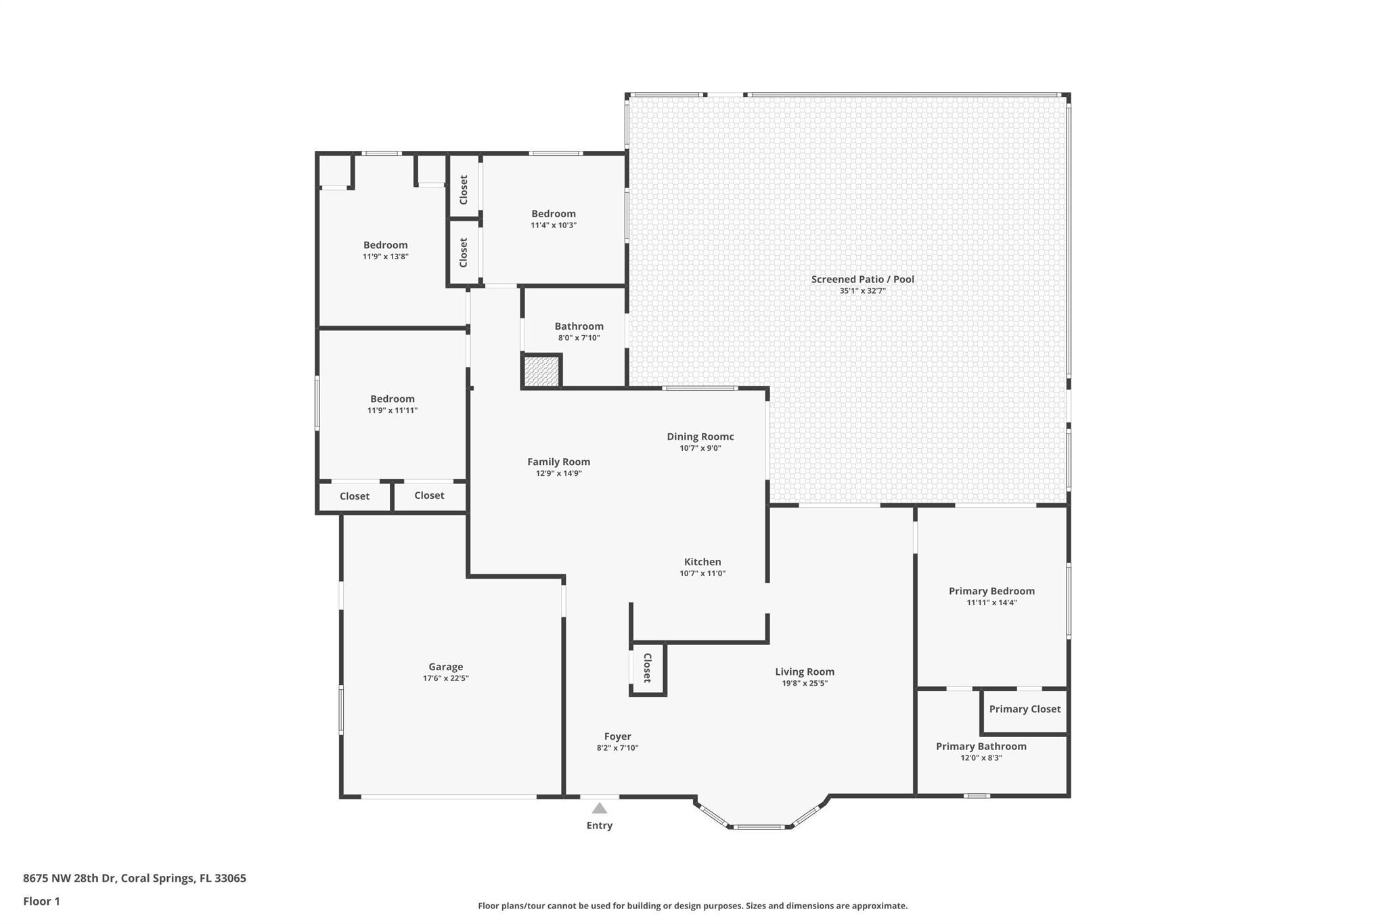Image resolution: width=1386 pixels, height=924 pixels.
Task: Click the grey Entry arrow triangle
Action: click(x=599, y=808)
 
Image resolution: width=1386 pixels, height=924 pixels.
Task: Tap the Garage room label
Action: click(x=445, y=667)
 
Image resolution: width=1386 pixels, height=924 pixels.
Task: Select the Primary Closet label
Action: click(x=1025, y=709)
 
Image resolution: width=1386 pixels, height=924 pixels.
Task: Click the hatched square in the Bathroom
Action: click(x=541, y=372)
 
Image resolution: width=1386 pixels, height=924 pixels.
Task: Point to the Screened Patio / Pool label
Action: click(x=862, y=279)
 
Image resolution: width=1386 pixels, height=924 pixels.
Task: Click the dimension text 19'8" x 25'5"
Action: click(x=805, y=683)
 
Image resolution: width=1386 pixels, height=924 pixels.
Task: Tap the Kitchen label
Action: click(x=702, y=562)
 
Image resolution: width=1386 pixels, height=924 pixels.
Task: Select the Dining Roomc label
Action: click(x=700, y=437)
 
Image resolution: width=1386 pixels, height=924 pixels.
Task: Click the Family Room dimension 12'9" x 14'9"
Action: click(x=558, y=473)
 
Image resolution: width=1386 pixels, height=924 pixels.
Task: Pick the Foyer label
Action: click(x=617, y=736)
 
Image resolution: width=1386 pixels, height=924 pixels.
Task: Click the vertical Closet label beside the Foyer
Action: click(x=647, y=667)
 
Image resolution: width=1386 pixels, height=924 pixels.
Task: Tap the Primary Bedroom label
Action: click(x=991, y=591)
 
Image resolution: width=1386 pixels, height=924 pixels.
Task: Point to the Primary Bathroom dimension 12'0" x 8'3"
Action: click(x=981, y=757)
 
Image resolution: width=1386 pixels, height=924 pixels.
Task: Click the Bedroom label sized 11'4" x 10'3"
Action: click(x=553, y=214)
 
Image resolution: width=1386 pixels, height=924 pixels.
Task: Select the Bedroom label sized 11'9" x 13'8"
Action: click(x=385, y=245)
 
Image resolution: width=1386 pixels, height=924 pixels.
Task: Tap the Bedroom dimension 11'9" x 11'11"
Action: click(x=392, y=410)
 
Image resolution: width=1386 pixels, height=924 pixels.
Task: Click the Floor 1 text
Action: click(x=41, y=901)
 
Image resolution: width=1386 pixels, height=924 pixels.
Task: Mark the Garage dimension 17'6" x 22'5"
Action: click(x=445, y=678)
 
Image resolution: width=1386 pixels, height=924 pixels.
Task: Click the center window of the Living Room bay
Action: click(x=760, y=827)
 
